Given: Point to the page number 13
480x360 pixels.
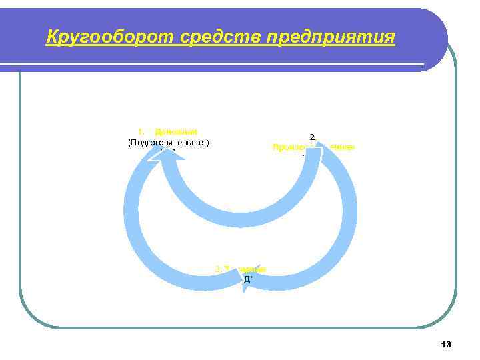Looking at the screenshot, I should pyautogui.click(x=446, y=344).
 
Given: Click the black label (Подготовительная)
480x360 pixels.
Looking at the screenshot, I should pyautogui.click(x=168, y=142).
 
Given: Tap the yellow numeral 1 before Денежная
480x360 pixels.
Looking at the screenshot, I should pyautogui.click(x=140, y=132).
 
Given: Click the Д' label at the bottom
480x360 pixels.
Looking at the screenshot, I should pyautogui.click(x=247, y=279).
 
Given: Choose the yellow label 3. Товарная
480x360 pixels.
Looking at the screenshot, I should pyautogui.click(x=240, y=269).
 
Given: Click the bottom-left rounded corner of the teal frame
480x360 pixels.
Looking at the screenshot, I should pyautogui.click(x=30, y=317).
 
